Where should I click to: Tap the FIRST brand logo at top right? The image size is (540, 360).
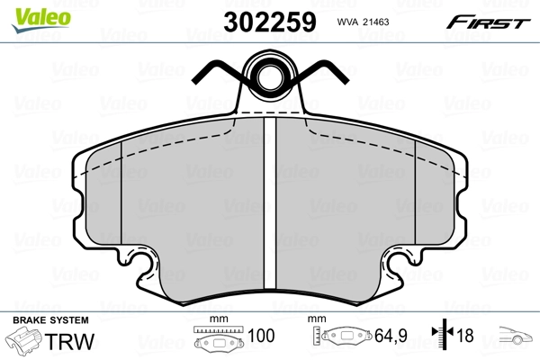coord(490,22)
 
